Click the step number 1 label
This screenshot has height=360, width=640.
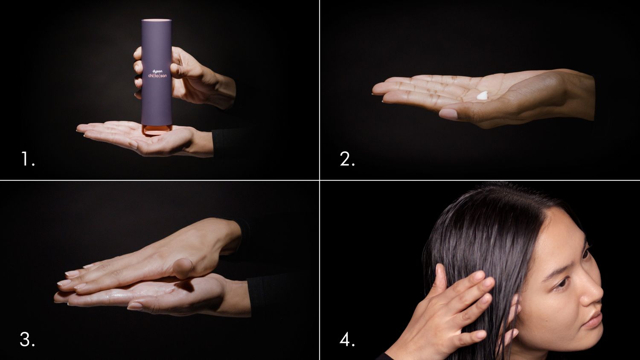(28, 160)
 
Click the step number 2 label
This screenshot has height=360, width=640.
(347, 160)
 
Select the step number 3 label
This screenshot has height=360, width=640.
(27, 340)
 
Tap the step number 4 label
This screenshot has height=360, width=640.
(347, 340)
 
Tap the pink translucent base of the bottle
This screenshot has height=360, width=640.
(156, 128)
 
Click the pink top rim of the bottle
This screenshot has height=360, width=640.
(157, 20)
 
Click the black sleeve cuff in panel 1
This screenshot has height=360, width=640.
(222, 143)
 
